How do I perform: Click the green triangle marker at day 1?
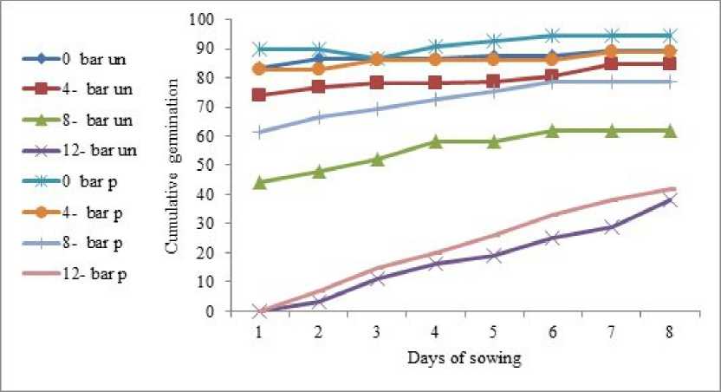[x=260, y=182]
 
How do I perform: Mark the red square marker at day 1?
[x=260, y=95]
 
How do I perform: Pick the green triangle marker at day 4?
[x=437, y=140]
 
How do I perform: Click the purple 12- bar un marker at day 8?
[x=670, y=199]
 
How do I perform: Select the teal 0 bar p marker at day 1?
[x=260, y=49]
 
